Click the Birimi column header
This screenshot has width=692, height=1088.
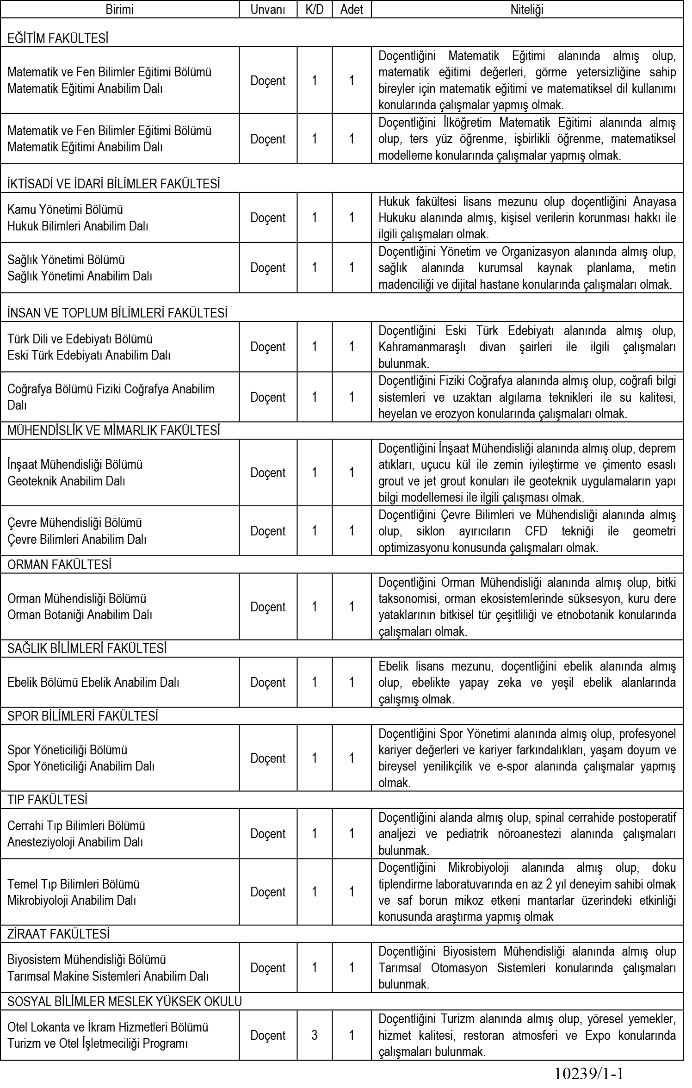119,9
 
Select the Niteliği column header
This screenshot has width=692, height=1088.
527,9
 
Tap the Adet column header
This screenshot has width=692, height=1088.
352,9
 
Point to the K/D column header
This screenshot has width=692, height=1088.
315,9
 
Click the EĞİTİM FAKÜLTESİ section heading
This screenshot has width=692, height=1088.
58,39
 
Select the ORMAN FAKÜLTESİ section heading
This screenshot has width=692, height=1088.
59,565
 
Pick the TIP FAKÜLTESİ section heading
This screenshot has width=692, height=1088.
47,800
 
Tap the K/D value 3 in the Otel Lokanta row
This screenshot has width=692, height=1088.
315,1035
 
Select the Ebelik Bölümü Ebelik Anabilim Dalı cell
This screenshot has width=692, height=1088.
93,682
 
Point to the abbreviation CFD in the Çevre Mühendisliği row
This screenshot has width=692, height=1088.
538,531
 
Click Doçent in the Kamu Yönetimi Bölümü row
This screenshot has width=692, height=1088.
268,218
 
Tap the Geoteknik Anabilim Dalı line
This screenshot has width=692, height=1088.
66,481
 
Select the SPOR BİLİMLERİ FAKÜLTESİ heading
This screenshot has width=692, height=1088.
83,716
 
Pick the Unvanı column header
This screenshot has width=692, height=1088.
268,9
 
